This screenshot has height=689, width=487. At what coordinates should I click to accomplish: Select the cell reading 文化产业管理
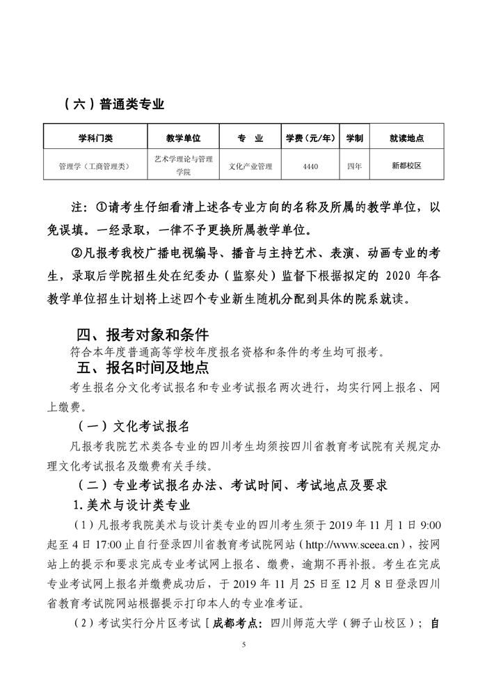pyautogui.click(x=250, y=166)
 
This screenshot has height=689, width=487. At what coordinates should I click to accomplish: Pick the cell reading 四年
pyautogui.click(x=354, y=166)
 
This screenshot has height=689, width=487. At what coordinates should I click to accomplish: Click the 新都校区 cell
pyautogui.click(x=407, y=166)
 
